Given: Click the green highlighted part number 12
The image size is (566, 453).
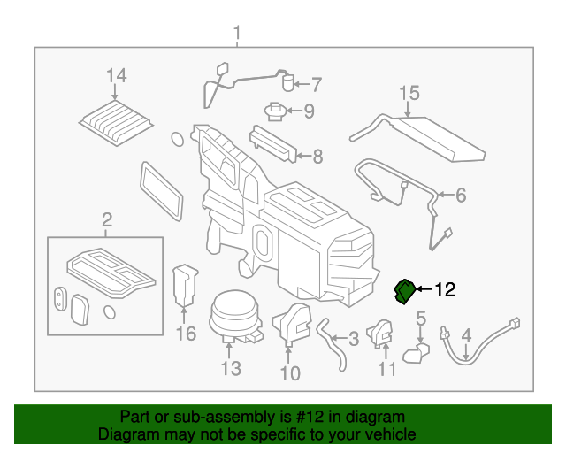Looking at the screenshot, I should pyautogui.click(x=404, y=289).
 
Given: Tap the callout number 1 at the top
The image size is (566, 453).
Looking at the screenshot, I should pyautogui.click(x=237, y=35).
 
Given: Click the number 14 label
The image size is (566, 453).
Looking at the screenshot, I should pyautogui.click(x=117, y=76).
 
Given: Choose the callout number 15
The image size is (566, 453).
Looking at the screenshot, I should pyautogui.click(x=408, y=93).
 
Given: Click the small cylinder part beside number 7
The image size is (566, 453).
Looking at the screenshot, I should pyautogui.click(x=287, y=84).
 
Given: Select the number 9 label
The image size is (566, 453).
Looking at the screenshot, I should pyautogui.click(x=309, y=111).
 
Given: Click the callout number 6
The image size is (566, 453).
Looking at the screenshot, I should pyautogui.click(x=460, y=194).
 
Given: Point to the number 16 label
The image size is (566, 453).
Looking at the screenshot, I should pyautogui.click(x=185, y=334).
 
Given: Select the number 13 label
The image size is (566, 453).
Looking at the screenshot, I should pyautogui.click(x=230, y=368).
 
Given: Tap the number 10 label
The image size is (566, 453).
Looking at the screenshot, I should pyautogui.click(x=291, y=373).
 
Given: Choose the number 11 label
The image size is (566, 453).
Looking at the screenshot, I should pyautogui.click(x=386, y=369).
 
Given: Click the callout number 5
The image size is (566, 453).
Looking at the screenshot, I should pyautogui.click(x=421, y=317).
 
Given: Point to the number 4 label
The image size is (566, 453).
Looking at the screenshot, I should pyautogui.click(x=468, y=335).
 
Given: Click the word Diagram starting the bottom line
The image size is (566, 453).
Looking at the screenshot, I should pyautogui.click(x=126, y=434).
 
